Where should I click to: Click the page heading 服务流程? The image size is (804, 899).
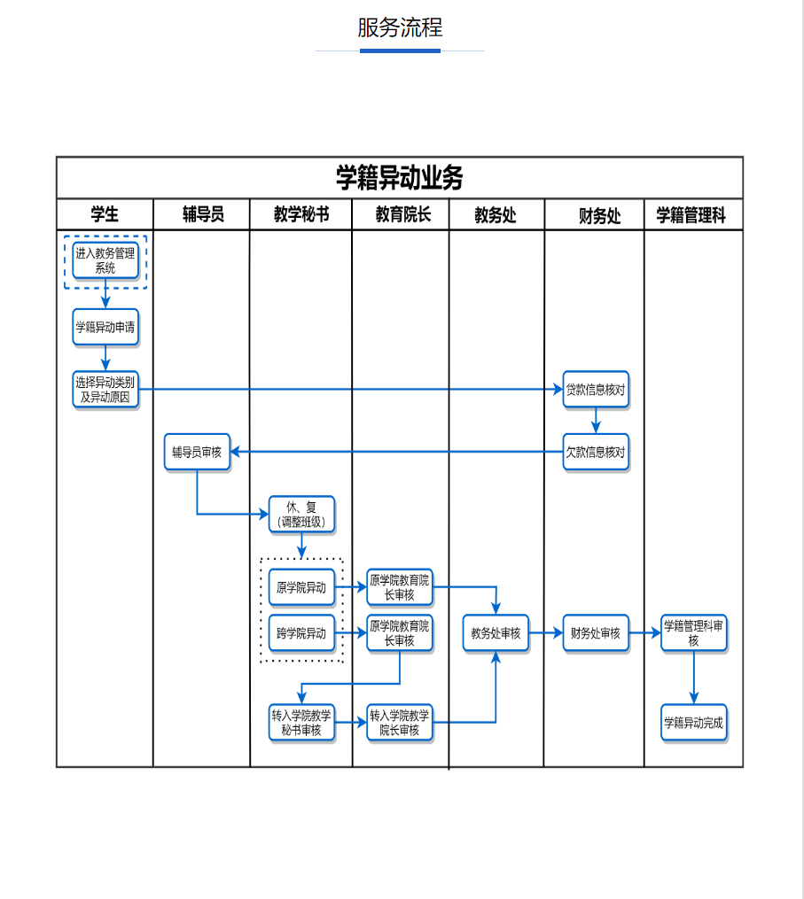tap(400, 27)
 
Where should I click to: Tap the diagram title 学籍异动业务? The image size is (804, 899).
tap(399, 178)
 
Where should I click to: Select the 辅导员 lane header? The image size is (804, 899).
tap(203, 214)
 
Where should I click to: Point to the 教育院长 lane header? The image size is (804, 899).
tap(402, 214)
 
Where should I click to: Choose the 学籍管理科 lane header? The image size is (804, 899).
tap(691, 215)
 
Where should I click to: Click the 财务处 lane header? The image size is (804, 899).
tap(599, 215)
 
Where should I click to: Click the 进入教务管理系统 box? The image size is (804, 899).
tap(105, 260)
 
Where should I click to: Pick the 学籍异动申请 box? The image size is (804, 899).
tap(105, 327)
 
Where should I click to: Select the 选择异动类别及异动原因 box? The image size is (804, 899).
tap(105, 390)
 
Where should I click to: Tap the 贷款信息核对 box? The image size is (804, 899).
tap(597, 390)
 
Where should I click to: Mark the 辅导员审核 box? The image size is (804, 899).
tap(197, 453)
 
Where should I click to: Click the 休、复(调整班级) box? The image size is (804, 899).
tap(302, 515)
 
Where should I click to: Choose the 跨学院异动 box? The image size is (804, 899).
tap(301, 633)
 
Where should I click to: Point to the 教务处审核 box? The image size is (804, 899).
tap(496, 633)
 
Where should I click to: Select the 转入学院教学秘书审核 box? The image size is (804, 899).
tap(301, 723)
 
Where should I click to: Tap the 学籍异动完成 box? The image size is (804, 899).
tap(693, 723)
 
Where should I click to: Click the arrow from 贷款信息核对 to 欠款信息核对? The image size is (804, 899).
tap(597, 421)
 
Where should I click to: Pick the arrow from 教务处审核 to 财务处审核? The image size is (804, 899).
tap(546, 633)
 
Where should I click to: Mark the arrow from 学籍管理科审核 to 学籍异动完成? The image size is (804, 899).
tap(693, 678)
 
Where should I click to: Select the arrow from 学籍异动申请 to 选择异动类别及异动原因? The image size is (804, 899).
tap(105, 358)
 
